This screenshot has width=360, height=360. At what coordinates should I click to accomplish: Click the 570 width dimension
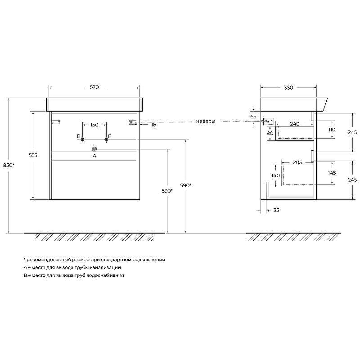[x=94, y=87]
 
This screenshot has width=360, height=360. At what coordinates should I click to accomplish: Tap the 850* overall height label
[x=9, y=165]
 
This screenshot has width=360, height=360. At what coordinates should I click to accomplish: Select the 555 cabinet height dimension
[x=33, y=155]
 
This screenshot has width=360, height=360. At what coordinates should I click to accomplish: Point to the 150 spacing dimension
[x=94, y=125]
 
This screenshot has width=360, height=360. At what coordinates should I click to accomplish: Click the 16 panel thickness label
[x=153, y=125]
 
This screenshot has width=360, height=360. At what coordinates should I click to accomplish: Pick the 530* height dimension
[x=167, y=191]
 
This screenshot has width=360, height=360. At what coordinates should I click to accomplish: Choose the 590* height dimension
[x=186, y=185]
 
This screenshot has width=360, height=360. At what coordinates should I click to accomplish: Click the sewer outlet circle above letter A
[x=94, y=149]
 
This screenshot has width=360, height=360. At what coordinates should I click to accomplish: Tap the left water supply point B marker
[x=83, y=139]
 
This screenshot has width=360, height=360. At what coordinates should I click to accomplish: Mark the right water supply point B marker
[x=106, y=139]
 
